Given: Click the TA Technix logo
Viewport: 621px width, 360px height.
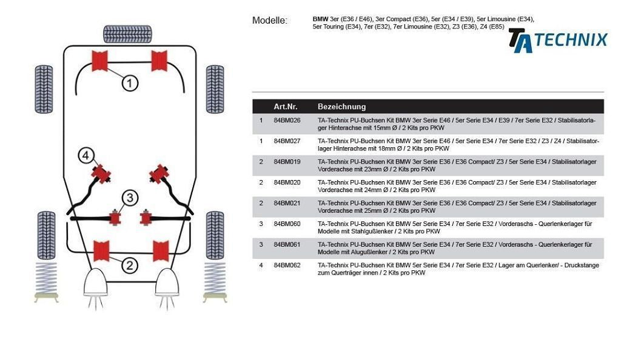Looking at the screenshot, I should click(x=557, y=40).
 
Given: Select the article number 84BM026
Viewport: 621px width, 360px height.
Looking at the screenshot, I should click(x=287, y=120).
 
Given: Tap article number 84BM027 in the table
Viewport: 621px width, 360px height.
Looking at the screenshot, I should click(x=287, y=141).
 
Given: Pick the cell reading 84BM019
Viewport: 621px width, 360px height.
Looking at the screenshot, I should click(x=287, y=162).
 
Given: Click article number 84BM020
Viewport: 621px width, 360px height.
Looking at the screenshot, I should click(x=287, y=182).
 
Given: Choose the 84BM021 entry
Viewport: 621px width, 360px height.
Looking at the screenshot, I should click(x=287, y=203).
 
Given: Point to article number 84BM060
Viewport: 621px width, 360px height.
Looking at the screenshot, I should click(x=287, y=224).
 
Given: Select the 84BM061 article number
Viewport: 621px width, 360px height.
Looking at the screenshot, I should click(x=287, y=244).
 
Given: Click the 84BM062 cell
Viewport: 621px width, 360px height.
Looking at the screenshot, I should click(x=287, y=265).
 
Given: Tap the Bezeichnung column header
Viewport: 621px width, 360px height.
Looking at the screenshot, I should click(x=341, y=106).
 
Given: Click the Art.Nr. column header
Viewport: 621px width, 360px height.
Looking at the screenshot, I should click(x=285, y=106).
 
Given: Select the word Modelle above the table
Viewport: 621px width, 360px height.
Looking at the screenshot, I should click(x=270, y=21).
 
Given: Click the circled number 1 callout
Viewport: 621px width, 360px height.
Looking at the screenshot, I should click(x=130, y=82).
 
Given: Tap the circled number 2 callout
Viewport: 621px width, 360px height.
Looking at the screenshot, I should click(x=129, y=264).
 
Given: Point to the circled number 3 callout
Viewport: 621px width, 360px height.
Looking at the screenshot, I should click(x=129, y=198).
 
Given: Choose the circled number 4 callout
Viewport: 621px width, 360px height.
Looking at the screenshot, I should click(x=86, y=156).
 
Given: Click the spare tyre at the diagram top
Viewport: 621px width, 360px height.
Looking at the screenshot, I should click(x=127, y=34).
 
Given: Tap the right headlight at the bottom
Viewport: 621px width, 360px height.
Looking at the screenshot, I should click(x=167, y=284).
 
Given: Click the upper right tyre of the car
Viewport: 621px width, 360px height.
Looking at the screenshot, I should click(x=215, y=89).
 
